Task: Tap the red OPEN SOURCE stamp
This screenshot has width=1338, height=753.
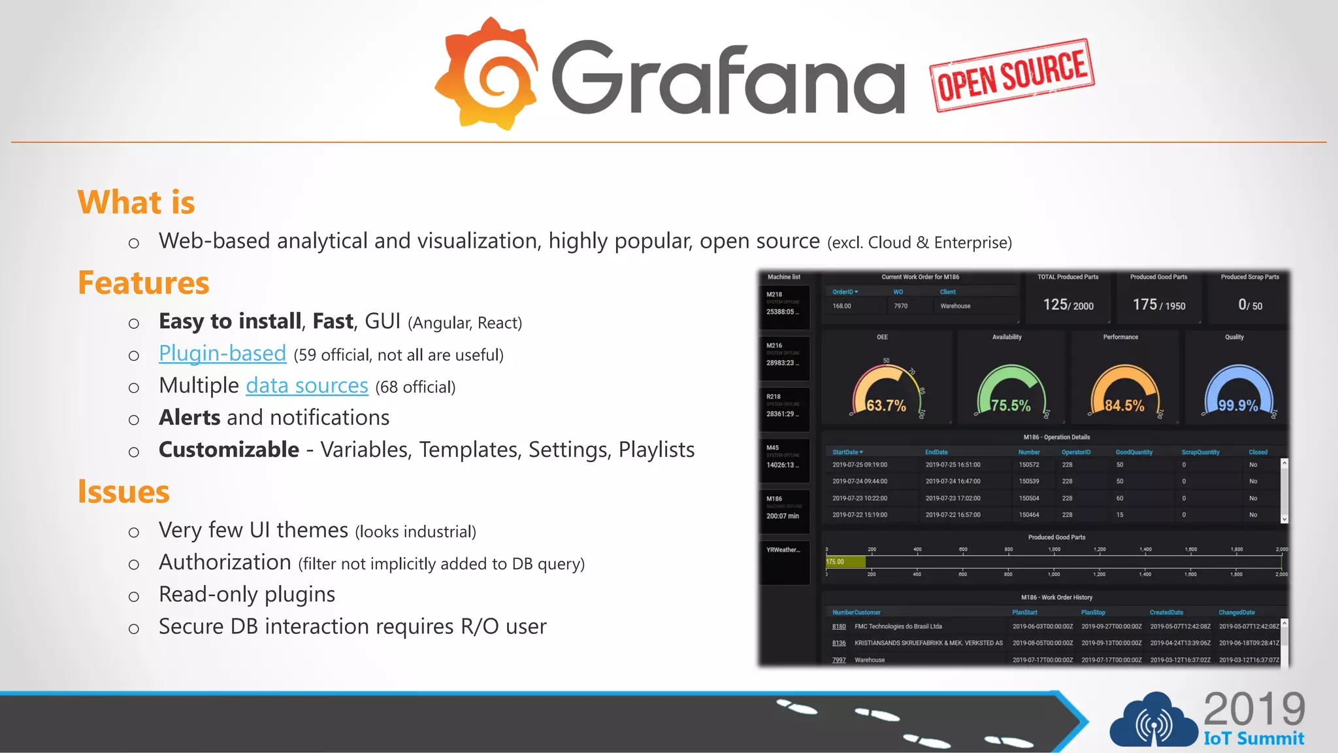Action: (x=1012, y=75)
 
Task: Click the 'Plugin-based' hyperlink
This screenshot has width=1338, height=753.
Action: (x=222, y=354)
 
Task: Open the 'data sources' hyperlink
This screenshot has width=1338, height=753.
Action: (x=306, y=386)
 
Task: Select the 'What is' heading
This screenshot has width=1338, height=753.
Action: (x=136, y=202)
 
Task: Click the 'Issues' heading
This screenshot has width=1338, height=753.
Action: (x=123, y=492)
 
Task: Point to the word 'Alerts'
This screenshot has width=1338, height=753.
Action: (x=189, y=418)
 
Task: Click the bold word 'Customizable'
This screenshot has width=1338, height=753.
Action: (x=229, y=450)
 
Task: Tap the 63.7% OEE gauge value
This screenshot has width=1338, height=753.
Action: (x=886, y=406)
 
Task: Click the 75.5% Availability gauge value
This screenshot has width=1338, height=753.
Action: (x=1010, y=406)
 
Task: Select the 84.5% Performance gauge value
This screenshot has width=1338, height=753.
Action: (x=1124, y=406)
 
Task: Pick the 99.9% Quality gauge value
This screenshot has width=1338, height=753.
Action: (x=1237, y=405)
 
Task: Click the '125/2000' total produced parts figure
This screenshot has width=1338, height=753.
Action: (x=1068, y=305)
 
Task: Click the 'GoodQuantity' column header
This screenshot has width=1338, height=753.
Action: (x=1134, y=452)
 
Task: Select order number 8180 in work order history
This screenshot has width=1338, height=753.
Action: (x=839, y=626)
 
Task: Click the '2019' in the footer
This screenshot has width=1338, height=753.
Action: (x=1254, y=709)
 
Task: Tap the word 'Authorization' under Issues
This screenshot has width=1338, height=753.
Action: (x=225, y=562)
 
